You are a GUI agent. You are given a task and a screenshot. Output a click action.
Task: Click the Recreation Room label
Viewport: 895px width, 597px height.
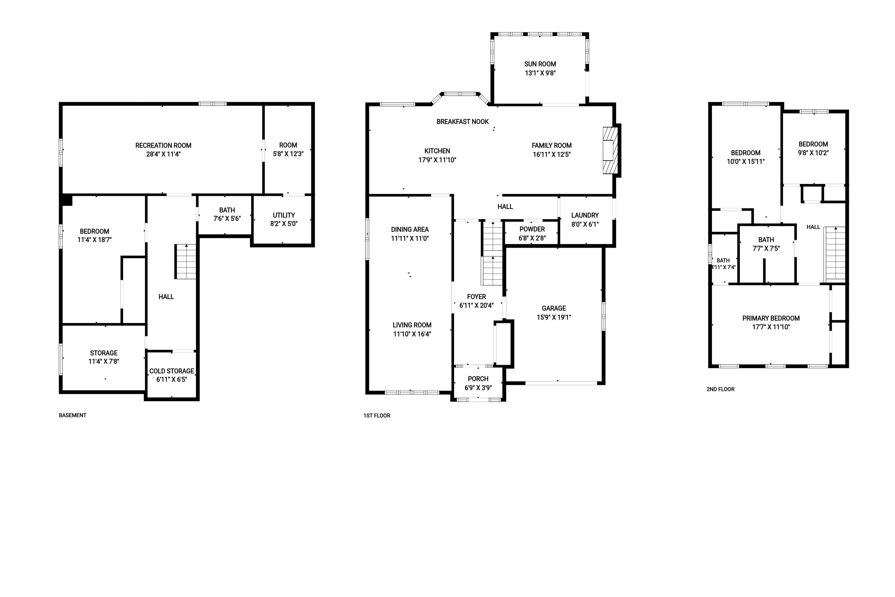[163, 145]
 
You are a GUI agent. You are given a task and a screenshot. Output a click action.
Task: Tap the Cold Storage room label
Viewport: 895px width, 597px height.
[171, 371]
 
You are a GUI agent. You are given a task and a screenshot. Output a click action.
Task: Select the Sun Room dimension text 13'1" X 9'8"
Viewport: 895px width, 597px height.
[540, 73]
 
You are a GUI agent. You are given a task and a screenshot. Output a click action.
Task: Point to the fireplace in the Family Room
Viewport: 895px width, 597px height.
[610, 150]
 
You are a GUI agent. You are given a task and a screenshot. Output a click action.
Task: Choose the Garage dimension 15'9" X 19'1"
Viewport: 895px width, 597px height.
[554, 317]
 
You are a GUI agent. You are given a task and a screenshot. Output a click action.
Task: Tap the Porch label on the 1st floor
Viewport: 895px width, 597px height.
[478, 379]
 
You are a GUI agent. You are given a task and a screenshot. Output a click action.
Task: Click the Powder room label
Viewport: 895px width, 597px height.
[532, 229]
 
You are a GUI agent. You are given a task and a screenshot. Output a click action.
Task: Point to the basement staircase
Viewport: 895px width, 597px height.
[186, 262]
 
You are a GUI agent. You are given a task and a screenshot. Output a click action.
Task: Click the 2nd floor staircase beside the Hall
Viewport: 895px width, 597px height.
[835, 255]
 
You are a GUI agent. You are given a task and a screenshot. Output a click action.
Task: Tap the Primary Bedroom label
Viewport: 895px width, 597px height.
[771, 318]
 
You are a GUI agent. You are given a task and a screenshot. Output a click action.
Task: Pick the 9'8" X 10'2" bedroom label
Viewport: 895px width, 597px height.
[813, 153]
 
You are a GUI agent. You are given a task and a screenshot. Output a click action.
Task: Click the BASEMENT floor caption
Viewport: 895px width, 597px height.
[72, 415]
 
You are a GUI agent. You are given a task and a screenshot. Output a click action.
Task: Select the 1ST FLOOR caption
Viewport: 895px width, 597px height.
[377, 416]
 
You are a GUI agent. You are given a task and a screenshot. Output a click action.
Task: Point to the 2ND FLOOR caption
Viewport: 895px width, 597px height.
[720, 389]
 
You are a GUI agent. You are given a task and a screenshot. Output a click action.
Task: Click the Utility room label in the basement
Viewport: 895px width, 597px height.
[284, 215]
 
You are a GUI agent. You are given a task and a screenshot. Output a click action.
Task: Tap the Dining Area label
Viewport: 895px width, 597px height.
[410, 229]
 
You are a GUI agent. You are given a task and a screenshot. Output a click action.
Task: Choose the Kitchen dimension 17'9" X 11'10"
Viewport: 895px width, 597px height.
[437, 160]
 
